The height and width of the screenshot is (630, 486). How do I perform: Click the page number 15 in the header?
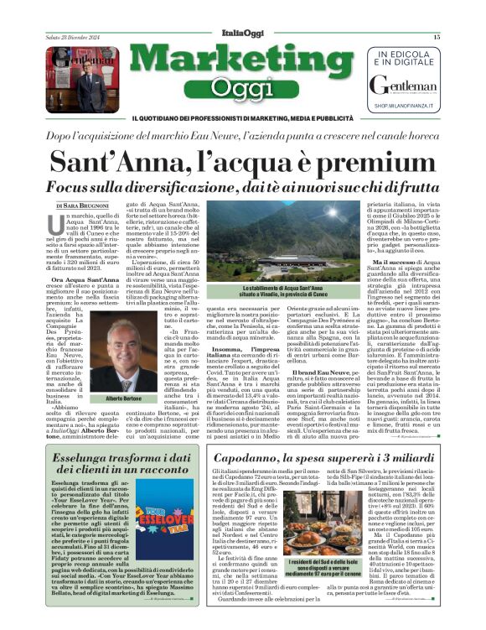point(437,37)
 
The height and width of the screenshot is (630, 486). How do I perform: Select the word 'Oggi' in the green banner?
point(241,87)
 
